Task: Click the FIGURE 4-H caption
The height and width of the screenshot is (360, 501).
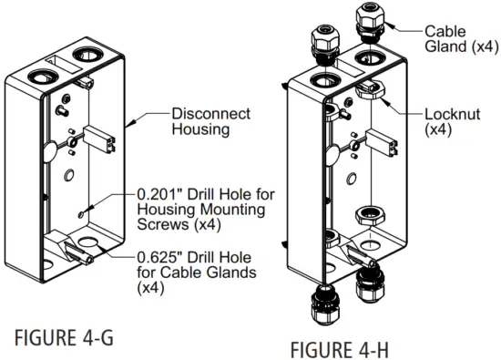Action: tap(345, 349)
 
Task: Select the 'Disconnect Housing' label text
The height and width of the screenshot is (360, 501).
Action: tap(210, 121)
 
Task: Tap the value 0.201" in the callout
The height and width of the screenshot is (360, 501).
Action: tap(161, 194)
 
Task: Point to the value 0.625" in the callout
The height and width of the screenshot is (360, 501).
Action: tap(161, 258)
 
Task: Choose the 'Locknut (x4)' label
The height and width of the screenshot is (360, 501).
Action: tap(452, 123)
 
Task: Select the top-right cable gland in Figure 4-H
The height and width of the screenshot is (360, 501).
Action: tap(372, 18)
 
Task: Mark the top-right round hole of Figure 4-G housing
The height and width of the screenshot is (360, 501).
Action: tap(90, 54)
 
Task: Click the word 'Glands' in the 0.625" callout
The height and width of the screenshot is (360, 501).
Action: tap(248, 273)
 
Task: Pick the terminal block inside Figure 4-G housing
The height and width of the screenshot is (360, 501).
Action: tap(103, 140)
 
